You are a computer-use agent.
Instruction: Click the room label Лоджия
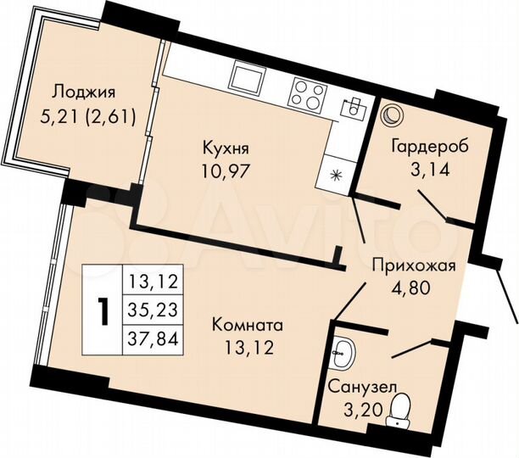(82, 92)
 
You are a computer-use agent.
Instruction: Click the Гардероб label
(428, 143)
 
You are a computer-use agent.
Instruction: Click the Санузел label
(362, 388)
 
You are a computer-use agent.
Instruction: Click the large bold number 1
(103, 311)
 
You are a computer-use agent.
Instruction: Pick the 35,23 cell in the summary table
(154, 310)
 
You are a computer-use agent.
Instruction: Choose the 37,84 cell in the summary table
(154, 339)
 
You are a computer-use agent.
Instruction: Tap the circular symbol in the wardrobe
(393, 114)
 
